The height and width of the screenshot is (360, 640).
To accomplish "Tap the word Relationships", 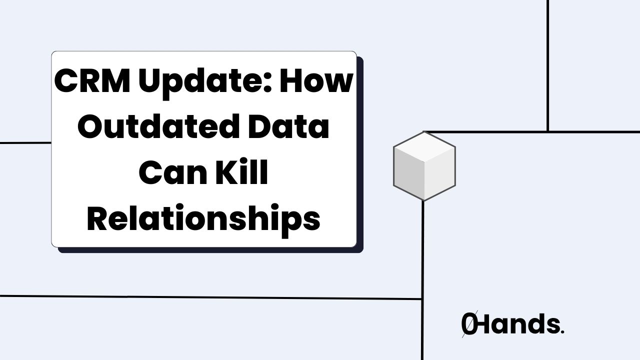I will (x=203, y=220).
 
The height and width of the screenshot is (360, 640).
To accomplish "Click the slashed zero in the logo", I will (x=469, y=324).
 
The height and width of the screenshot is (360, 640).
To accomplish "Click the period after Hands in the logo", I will (x=562, y=332).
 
